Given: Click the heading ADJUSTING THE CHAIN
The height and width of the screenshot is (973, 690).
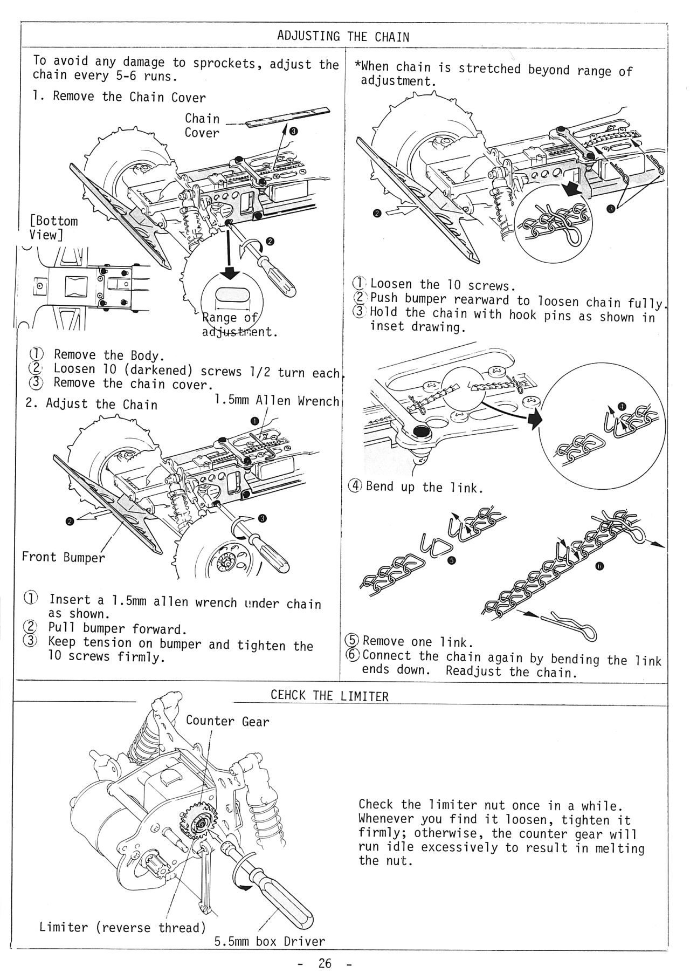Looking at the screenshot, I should click(343, 37).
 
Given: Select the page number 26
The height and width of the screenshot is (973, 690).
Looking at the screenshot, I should click(325, 963).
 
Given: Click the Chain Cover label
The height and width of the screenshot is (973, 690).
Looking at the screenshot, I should click(202, 126).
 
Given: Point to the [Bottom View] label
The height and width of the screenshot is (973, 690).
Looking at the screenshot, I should click(53, 228).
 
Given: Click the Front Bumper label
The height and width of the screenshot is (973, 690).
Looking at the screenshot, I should click(63, 557).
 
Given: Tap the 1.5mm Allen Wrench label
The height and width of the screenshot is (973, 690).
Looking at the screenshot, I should click(277, 401).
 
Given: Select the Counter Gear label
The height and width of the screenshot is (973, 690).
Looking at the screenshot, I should click(227, 721).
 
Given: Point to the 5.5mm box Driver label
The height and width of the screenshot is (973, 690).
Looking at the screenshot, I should click(270, 942).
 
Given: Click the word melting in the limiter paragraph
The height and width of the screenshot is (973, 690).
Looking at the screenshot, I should click(619, 848).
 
